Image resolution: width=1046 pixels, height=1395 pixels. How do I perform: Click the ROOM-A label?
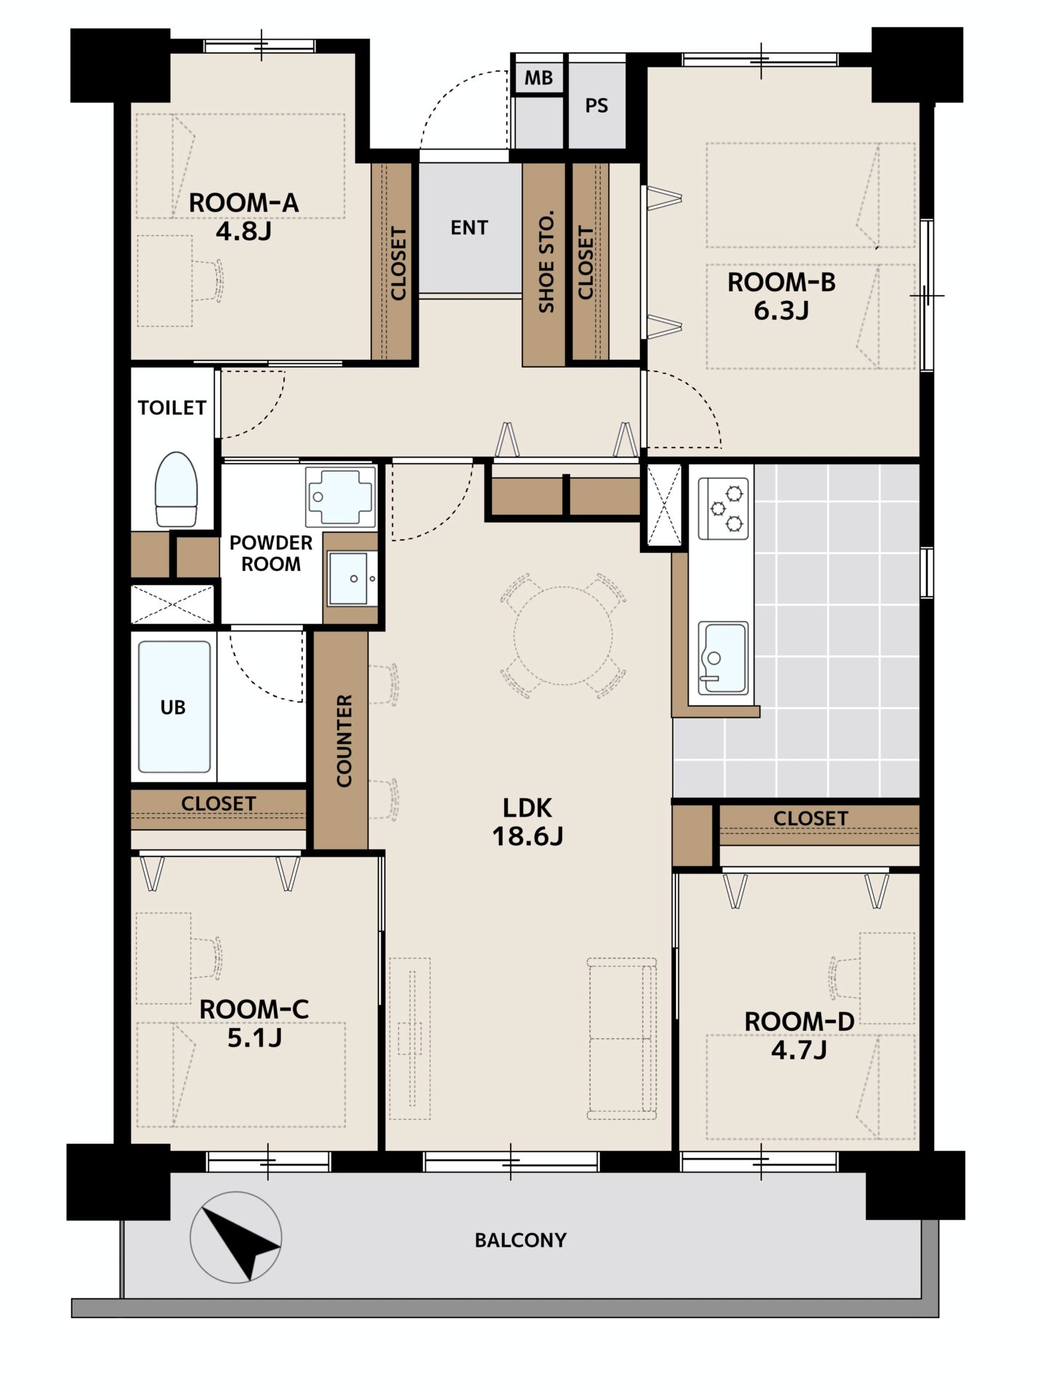pos(243,203)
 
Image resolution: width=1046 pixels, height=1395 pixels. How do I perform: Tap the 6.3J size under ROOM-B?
pos(781,311)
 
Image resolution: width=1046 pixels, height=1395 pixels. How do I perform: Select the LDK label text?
pos(527,807)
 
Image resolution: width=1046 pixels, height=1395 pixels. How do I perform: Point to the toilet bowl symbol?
pos(176,488)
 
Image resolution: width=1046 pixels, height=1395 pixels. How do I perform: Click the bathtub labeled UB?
pos(174,707)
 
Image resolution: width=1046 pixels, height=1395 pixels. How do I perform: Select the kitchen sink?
pos(723,658)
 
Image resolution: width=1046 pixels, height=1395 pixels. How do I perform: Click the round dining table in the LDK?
pos(563,636)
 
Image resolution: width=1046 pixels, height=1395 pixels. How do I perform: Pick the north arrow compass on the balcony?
pos(235,1237)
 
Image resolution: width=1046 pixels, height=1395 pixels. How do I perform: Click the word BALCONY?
pos(520,1240)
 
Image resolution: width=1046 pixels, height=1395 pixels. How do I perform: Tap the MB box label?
pos(538,78)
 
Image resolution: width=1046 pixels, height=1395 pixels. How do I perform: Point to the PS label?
pos(596,106)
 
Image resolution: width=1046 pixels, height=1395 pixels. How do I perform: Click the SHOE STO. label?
pos(546,262)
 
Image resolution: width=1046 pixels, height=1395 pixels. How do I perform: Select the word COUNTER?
pos(344,740)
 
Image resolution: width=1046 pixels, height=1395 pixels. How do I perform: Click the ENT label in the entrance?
pos(469,228)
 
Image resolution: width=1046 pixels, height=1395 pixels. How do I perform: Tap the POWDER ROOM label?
pos(271,553)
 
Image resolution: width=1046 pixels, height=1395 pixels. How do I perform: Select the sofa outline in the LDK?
pos(623,1039)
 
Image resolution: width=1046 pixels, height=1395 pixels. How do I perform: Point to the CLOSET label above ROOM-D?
pos(811,819)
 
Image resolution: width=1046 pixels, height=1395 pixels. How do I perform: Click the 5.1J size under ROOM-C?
pos(254,1038)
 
